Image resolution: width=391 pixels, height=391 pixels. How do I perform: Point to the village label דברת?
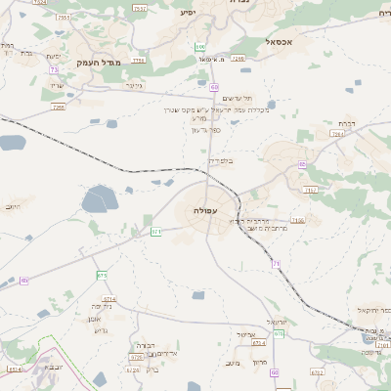coord(345,124)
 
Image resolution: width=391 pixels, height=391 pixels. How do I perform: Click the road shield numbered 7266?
coord(238,59)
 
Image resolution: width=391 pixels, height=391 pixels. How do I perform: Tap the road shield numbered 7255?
coord(59,107)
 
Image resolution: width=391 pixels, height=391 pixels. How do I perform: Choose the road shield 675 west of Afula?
coord(103,276)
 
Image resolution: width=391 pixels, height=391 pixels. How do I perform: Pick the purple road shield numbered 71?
coord(276,263)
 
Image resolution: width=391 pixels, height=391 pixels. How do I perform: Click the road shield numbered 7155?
coord(297,221)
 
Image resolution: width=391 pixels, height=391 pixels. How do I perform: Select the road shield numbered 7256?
coord(138,60)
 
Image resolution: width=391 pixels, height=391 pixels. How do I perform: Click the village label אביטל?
coord(246,335)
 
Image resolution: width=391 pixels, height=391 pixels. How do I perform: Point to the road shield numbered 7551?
coord(64,18)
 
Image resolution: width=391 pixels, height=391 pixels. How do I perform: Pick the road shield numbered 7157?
coord(310,190)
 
